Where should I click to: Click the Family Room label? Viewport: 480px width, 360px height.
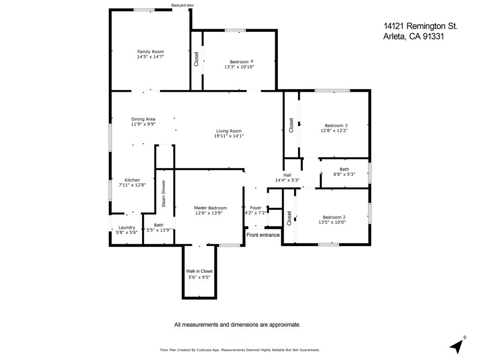(x=150, y=52)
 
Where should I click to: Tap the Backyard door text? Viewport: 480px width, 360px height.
(x=182, y=6)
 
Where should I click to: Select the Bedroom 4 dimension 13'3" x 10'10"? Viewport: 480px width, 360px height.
(x=239, y=67)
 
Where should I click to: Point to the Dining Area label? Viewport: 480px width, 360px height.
(x=143, y=119)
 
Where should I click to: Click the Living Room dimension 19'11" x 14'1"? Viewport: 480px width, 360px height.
(x=229, y=136)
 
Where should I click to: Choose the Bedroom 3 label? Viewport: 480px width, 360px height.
(x=336, y=125)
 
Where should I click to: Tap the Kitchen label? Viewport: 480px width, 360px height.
(x=132, y=180)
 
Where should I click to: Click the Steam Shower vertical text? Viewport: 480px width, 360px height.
(x=164, y=194)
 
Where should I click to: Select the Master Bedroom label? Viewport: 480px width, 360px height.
(x=210, y=208)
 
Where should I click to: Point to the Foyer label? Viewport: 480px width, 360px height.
(x=255, y=208)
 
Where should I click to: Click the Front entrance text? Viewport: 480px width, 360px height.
(x=263, y=235)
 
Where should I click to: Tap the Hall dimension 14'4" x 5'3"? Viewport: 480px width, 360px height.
(x=287, y=180)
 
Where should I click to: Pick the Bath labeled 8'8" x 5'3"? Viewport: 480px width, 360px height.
(x=344, y=169)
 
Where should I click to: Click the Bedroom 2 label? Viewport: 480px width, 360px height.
(x=334, y=217)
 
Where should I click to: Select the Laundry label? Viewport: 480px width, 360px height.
(x=127, y=227)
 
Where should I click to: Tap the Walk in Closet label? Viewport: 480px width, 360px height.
(x=199, y=271)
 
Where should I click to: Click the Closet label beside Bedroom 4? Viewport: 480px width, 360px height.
(x=196, y=59)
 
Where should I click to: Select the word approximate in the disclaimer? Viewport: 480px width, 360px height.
(x=283, y=324)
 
